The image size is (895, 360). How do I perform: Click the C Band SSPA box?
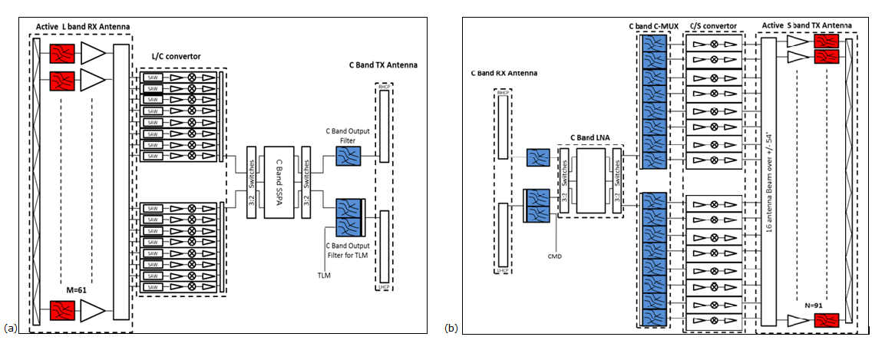[x=279, y=183]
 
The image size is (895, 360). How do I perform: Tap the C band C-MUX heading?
[x=652, y=25]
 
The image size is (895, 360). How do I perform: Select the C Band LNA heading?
[x=590, y=137]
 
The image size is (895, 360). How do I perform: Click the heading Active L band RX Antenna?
[x=84, y=27]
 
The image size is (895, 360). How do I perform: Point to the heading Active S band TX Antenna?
[x=807, y=25]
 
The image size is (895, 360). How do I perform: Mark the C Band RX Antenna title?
[x=504, y=73]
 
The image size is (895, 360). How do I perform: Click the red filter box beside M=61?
[x=61, y=310]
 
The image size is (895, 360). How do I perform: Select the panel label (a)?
[x=10, y=328]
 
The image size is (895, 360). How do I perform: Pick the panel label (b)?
[x=451, y=328]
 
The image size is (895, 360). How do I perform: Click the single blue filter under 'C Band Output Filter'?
[x=344, y=157]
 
